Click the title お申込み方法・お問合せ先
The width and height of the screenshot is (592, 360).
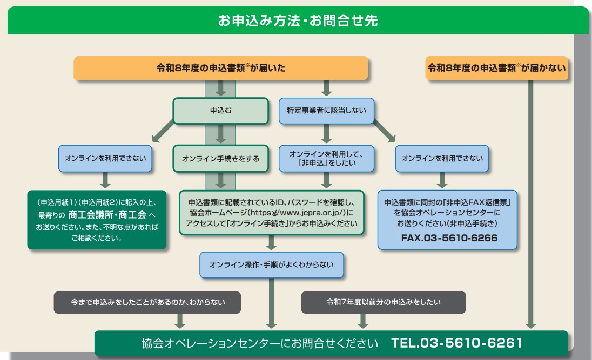tap(298, 21)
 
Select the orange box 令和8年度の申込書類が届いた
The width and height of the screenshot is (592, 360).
tap(220, 69)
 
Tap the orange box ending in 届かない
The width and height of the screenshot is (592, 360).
tap(496, 69)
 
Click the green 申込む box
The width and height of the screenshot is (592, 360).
tap(220, 111)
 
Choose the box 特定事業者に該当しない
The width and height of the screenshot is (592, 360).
tap(326, 111)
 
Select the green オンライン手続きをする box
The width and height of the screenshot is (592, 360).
tap(220, 159)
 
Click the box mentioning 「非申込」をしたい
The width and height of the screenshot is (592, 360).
tap(326, 159)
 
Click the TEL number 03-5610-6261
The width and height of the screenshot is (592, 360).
tap(456, 343)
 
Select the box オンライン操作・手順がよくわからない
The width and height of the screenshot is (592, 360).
tap(271, 265)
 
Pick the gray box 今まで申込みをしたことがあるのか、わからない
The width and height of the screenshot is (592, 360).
tap(147, 302)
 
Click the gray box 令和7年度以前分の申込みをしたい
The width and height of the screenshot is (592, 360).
tap(383, 302)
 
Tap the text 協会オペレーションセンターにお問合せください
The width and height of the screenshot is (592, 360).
tap(257, 343)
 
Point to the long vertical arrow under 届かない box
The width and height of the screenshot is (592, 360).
tap(531, 205)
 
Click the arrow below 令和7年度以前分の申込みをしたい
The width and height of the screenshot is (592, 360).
tap(363, 321)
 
